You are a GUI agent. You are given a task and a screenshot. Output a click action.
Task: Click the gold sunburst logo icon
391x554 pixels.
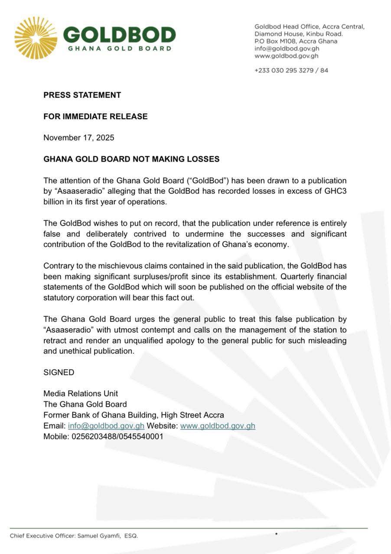[36, 38]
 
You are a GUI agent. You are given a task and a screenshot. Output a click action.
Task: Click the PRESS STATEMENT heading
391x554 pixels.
[82, 95]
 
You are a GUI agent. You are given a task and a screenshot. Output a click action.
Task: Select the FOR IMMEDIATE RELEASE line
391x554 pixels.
[95, 116]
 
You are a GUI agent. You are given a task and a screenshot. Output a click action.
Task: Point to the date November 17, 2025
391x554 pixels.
[79, 138]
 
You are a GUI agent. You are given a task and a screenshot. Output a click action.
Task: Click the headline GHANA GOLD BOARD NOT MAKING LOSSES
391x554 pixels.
[131, 159]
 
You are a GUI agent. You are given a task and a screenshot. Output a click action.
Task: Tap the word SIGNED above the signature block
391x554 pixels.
[59, 372]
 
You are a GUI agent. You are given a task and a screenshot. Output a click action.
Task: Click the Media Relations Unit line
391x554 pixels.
[81, 393]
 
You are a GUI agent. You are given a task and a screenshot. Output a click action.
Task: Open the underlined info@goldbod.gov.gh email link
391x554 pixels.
[106, 426]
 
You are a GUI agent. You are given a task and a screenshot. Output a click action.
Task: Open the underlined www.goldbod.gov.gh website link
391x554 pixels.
[218, 426]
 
